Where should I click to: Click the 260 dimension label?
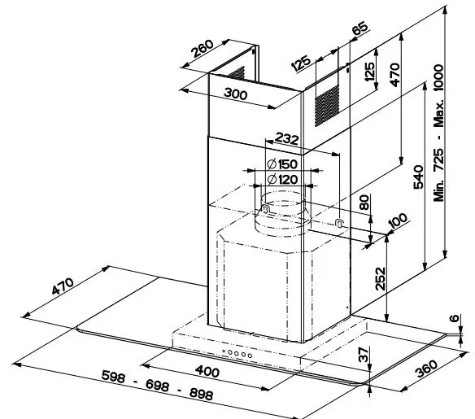click(203, 49)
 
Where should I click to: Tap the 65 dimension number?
click(360, 28)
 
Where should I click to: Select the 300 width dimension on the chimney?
click(235, 94)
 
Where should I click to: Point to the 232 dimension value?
click(286, 139)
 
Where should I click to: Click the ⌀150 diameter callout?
click(282, 164)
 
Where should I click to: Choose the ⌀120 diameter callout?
click(282, 179)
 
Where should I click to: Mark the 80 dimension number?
click(364, 203)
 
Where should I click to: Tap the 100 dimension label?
click(398, 220)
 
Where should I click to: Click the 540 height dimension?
click(418, 177)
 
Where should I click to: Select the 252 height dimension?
click(380, 279)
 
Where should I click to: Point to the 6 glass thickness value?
click(454, 318)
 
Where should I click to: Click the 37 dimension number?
click(364, 355)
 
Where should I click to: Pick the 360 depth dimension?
click(427, 369)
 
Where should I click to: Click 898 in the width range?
click(201, 394)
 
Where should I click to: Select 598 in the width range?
click(113, 376)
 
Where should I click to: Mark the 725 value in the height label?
click(438, 159)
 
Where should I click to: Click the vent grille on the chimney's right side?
click(327, 106)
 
